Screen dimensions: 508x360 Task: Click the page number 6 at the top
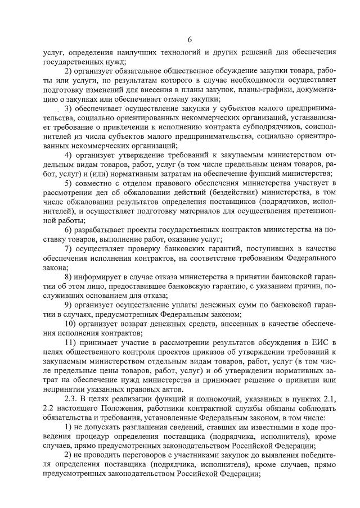tap(190, 39)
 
